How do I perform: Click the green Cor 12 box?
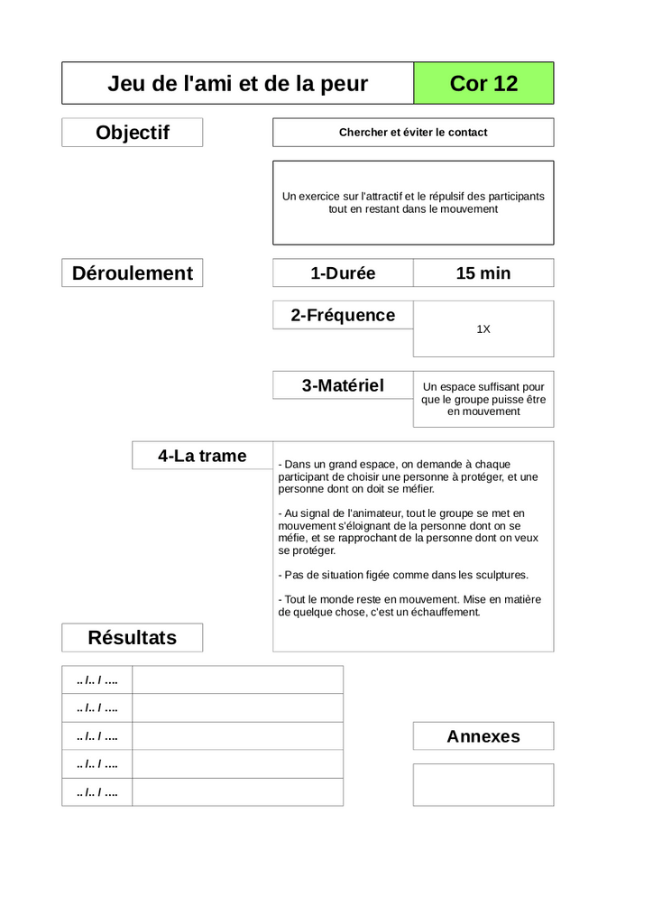(483, 84)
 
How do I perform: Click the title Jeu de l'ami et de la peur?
(237, 84)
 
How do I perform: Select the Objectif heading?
(133, 133)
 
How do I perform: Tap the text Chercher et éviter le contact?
(413, 133)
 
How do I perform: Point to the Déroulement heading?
(133, 273)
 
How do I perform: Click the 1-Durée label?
(343, 273)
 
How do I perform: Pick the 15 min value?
(483, 273)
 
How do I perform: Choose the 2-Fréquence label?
(343, 315)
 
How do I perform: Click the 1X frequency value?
(483, 329)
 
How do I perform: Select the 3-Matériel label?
(343, 385)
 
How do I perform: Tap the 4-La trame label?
(202, 456)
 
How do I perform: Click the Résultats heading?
(133, 638)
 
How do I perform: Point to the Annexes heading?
(483, 736)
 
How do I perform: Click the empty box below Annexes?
(483, 785)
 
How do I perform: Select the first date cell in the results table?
(97, 679)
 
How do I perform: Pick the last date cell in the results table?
(97, 792)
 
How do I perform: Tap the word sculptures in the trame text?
(499, 575)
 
